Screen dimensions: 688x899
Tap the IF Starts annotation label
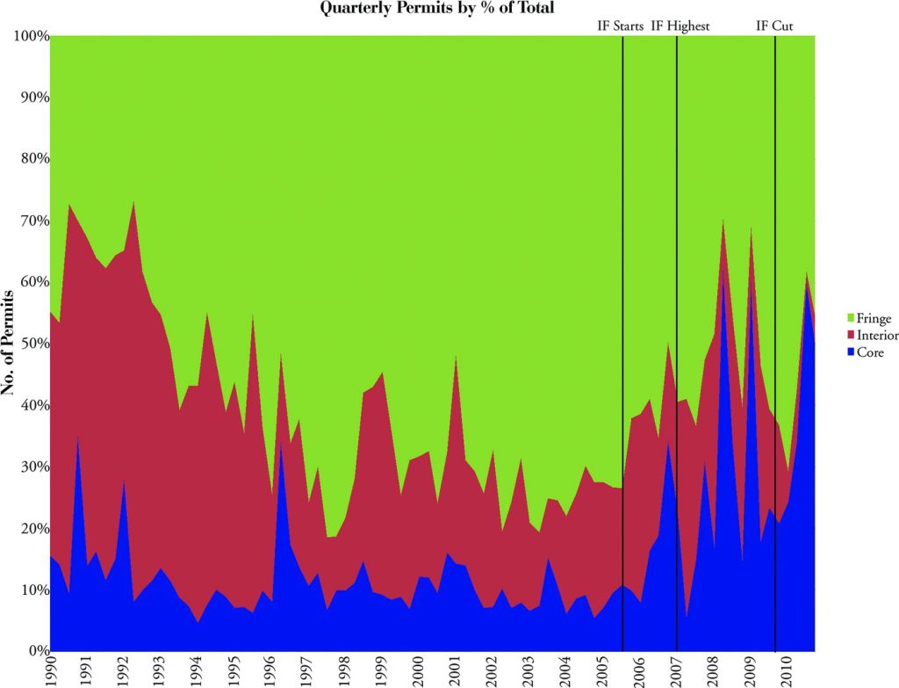620,26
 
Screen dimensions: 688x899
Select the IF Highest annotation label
680,26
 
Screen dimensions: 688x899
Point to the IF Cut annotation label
774,26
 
